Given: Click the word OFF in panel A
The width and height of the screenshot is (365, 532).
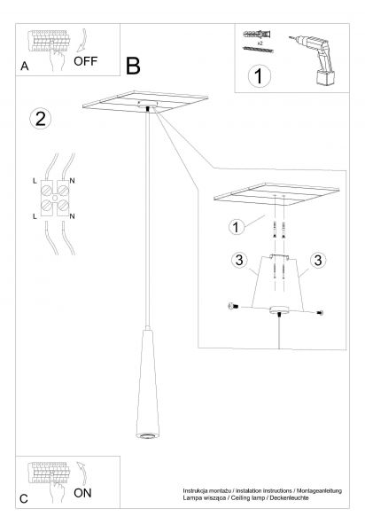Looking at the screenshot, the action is pos(85,61).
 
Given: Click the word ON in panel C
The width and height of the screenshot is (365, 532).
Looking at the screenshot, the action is pos(82,493).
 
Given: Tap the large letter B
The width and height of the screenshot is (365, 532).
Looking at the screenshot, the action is pos(133,66).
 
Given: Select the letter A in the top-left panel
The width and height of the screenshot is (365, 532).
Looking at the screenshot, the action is pos(25,66).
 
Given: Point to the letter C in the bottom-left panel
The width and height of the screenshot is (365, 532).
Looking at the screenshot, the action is pos(24,499).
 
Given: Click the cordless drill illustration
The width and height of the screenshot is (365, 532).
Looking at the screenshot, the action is pos(314,59).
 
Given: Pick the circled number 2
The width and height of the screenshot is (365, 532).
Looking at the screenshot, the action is pos(41,119).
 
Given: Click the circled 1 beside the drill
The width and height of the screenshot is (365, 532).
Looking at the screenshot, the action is pos(260,76).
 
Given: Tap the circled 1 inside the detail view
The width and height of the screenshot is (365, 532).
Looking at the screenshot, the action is pos(237,227).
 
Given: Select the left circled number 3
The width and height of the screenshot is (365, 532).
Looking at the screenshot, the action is pos(239,260).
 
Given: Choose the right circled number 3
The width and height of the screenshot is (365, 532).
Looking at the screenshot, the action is pos(318,260).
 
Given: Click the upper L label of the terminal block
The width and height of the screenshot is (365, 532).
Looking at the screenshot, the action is pos(35,181).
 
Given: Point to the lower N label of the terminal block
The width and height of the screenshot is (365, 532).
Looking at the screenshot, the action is pos(72,216).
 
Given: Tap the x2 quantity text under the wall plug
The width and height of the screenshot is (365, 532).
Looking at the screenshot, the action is pos(260,43).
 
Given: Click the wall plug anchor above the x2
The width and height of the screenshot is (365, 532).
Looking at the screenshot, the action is pos(257,35).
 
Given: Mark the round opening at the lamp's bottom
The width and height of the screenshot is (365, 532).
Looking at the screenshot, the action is pos(147,435).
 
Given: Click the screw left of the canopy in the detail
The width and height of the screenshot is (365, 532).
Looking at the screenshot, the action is pos(233,307).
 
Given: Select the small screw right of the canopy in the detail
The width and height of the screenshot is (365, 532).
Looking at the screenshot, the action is pos(320,313).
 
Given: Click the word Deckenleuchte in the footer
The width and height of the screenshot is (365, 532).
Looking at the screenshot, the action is pos(289,497).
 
